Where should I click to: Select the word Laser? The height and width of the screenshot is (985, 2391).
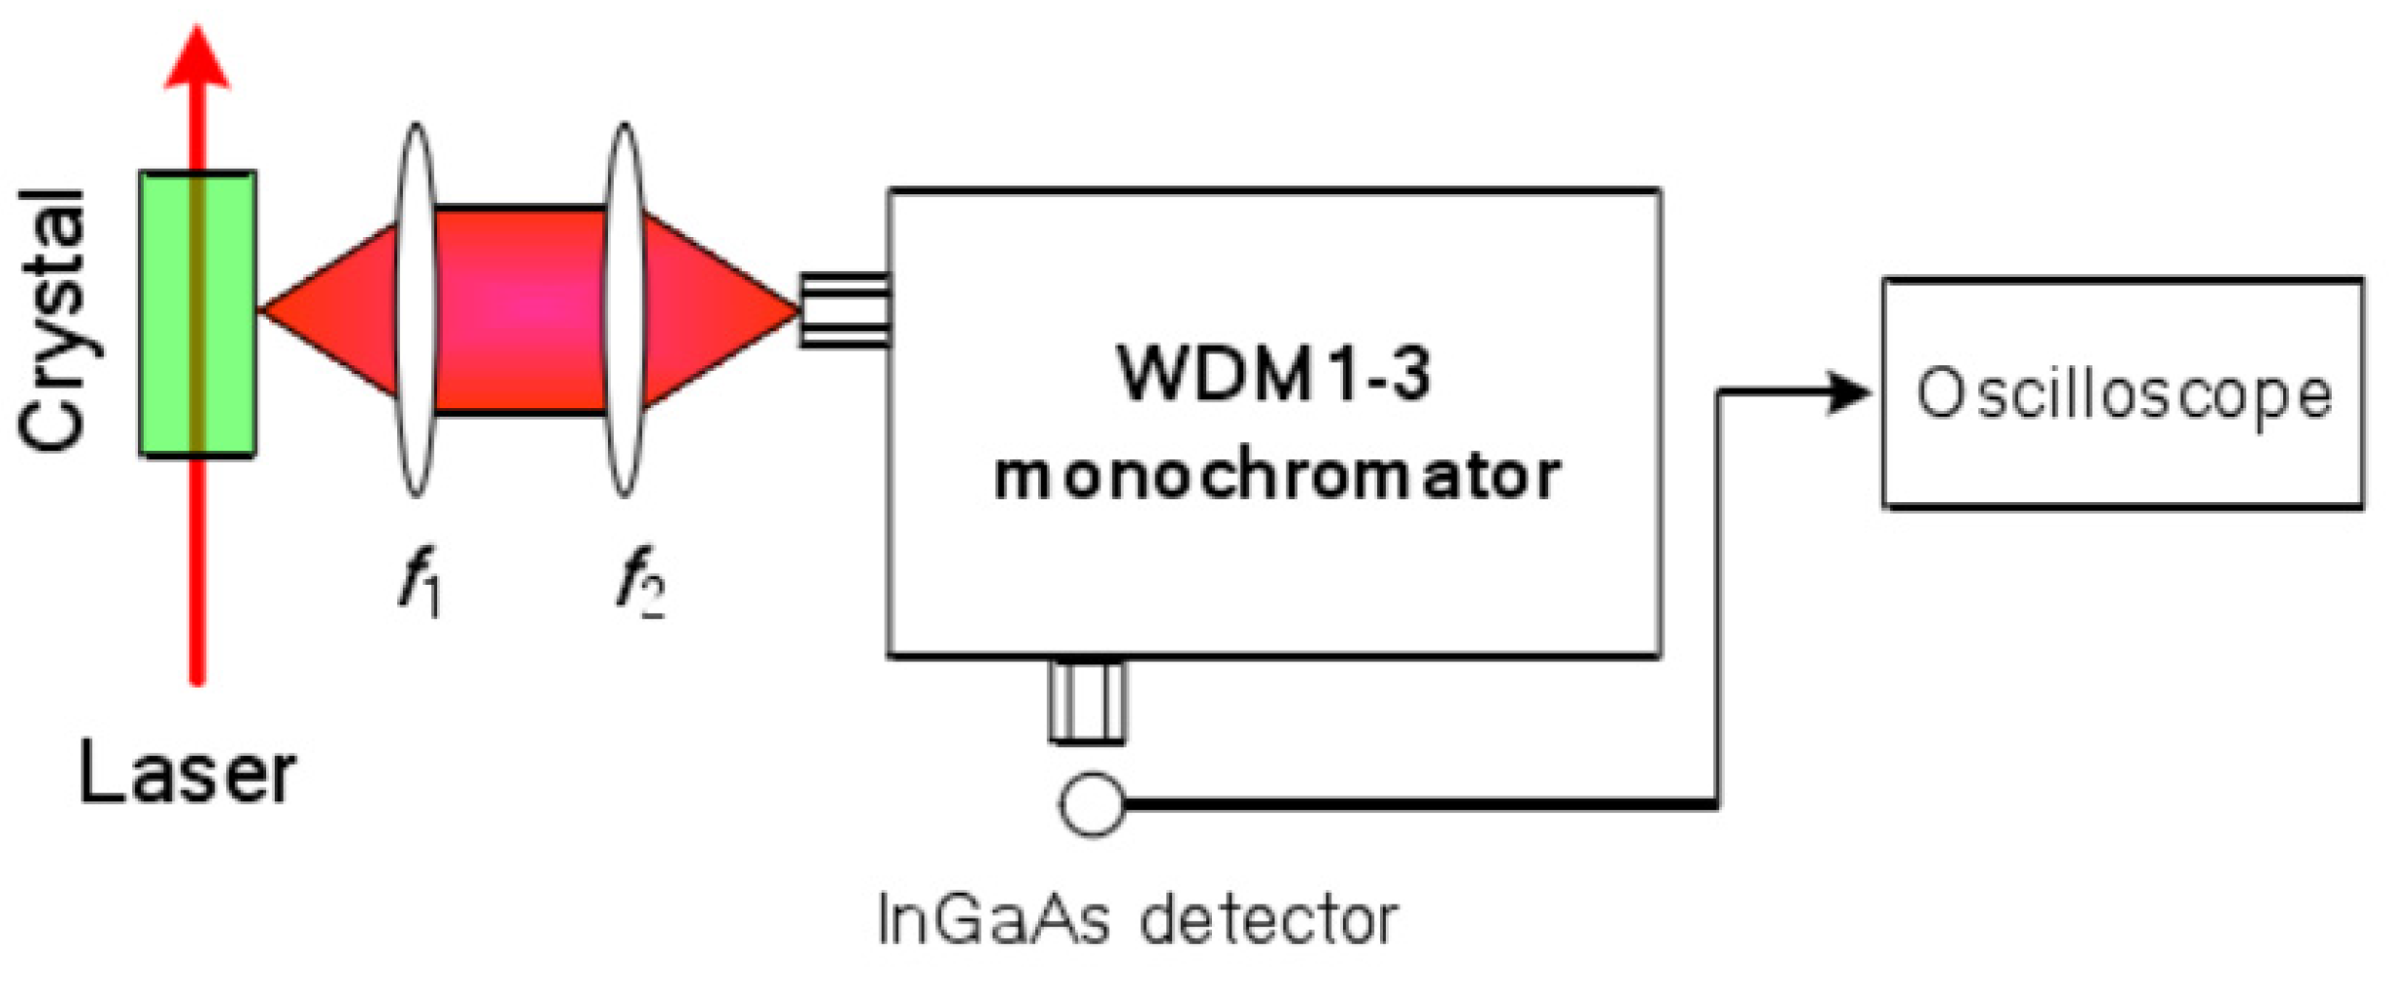click(186, 775)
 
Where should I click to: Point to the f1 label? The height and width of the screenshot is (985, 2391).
click(421, 583)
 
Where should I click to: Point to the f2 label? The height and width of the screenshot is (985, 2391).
click(640, 583)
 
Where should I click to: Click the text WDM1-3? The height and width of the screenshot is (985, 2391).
click(1274, 374)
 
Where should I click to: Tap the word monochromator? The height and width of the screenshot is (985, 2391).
click(1276, 476)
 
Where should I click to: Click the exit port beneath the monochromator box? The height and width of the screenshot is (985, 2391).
click(1088, 702)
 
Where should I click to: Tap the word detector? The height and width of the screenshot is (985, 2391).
click(1268, 919)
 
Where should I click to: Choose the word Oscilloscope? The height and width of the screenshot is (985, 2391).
click(2123, 394)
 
